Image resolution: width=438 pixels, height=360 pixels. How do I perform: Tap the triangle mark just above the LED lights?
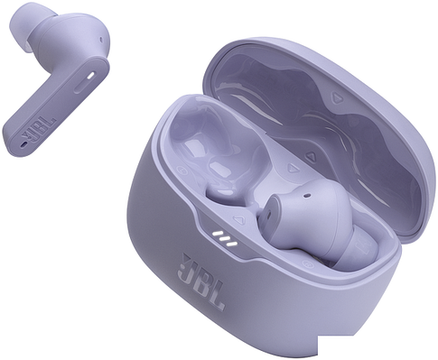coord(238,219)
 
